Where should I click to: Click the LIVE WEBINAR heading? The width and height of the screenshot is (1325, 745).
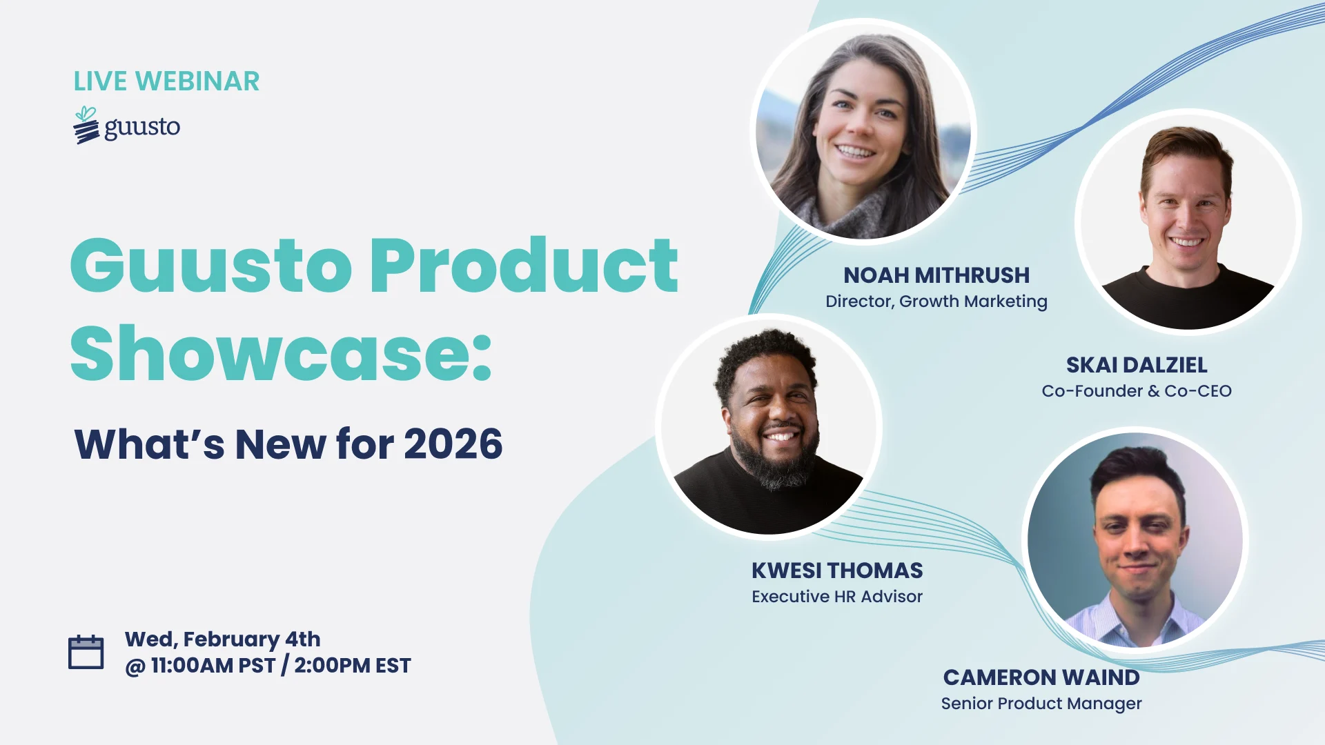pos(166,81)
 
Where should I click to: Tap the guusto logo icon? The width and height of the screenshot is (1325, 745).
pos(86,125)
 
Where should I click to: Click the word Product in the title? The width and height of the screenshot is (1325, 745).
pos(524,266)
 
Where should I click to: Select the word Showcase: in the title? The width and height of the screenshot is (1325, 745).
pos(281,353)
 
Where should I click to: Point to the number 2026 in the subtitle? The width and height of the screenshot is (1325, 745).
pos(453,444)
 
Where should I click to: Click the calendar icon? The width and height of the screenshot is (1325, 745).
pos(86,652)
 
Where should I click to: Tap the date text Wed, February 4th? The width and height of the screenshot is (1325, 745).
pos(222,639)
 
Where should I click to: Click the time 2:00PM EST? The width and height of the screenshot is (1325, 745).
pos(353,666)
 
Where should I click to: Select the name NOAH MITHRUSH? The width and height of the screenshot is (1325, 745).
pos(936,275)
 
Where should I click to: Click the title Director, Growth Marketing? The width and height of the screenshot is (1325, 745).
pos(936,301)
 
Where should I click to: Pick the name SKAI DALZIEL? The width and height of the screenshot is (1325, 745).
pos(1137,365)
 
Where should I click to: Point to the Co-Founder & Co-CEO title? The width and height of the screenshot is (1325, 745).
pos(1137,391)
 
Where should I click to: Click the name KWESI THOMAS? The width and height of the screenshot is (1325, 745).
pos(837,570)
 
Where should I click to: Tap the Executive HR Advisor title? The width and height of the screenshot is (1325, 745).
pos(837,597)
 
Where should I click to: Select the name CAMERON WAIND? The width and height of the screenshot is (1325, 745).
pos(1041,677)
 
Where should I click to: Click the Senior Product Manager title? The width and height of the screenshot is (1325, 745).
pos(1041,704)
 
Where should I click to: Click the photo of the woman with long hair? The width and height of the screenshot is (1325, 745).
pos(863,132)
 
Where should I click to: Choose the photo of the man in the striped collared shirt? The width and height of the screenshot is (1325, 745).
pos(1135,540)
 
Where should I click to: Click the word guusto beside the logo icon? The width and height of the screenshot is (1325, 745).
pos(142,128)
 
